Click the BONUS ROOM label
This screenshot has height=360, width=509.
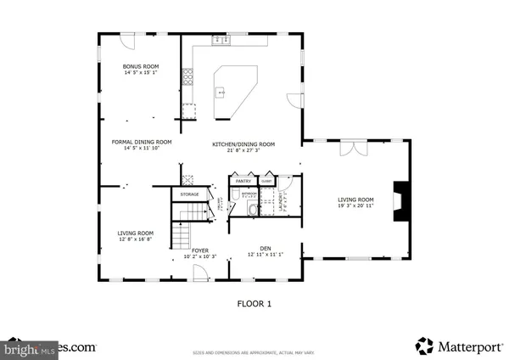point(141,66)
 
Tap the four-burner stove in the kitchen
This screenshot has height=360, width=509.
point(187,80)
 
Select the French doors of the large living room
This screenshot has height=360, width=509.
point(351,148)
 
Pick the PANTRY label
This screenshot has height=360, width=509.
point(243,181)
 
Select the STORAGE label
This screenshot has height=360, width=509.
point(189,194)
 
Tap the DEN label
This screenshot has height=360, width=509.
point(264,250)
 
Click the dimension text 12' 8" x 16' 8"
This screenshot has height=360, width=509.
point(135,239)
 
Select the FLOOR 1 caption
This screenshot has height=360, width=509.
point(254,302)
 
